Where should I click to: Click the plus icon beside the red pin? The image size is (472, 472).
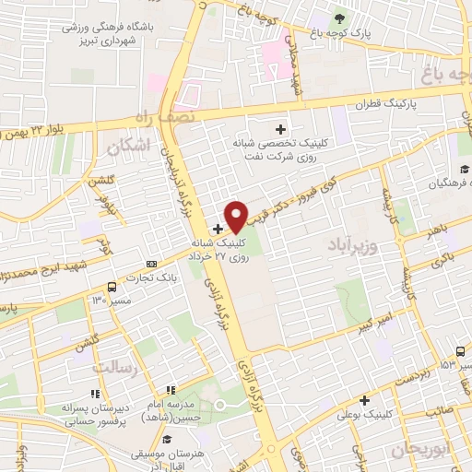[x=218, y=229]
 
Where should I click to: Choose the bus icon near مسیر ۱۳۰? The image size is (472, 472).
[x=112, y=287]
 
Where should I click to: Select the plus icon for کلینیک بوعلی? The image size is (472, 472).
[x=366, y=400]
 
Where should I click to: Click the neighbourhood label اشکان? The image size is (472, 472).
[x=127, y=146]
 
